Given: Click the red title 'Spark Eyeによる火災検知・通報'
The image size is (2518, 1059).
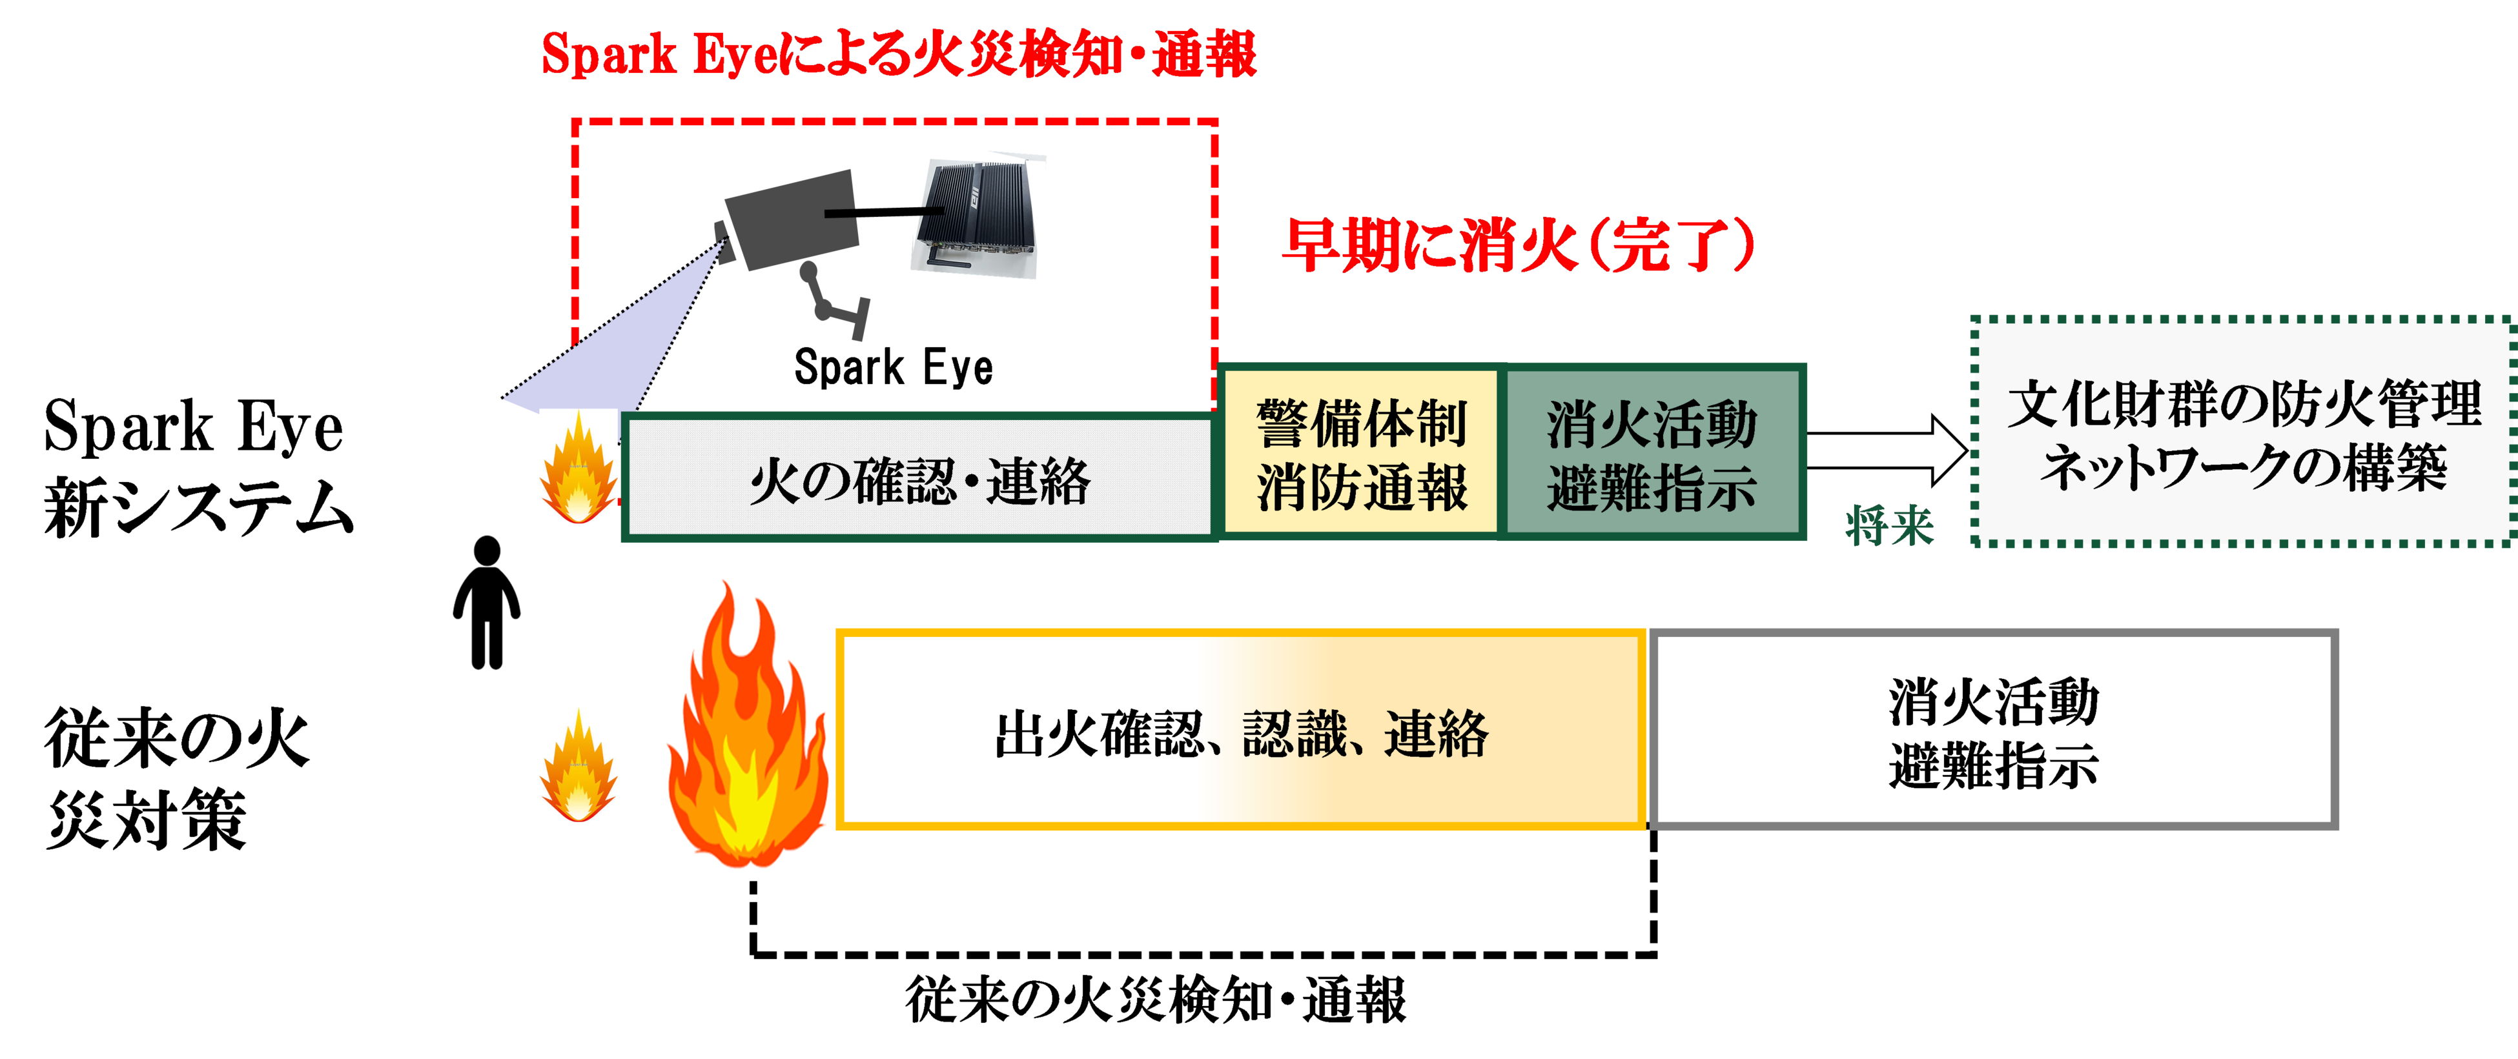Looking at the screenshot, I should (898, 55).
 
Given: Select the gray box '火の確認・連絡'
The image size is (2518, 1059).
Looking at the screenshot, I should (919, 479).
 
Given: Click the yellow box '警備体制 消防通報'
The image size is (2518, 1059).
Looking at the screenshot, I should (1360, 453).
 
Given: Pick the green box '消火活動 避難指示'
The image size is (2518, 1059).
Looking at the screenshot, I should (1652, 453).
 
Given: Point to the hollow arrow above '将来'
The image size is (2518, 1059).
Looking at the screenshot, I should (1887, 450).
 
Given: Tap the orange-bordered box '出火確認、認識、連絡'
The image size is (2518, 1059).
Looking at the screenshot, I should (1242, 731).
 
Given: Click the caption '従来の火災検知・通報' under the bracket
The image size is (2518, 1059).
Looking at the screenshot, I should (1156, 998).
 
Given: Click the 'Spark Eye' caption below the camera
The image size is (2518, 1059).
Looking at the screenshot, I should (894, 367).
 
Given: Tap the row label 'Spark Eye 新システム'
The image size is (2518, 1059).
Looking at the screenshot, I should (196, 467).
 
